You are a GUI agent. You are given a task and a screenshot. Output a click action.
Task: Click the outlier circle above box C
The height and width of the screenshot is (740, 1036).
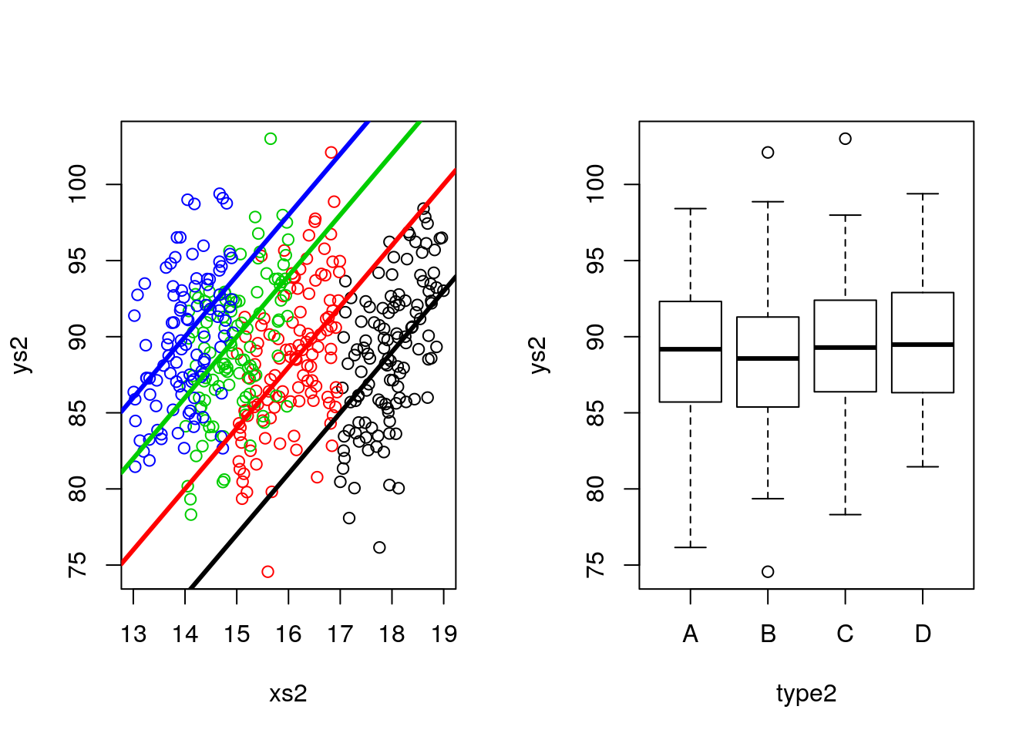pos(846,139)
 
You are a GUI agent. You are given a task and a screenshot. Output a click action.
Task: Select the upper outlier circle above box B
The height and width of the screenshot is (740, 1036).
pos(768,153)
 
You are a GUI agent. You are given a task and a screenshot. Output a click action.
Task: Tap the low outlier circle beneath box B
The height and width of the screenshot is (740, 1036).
pos(768,572)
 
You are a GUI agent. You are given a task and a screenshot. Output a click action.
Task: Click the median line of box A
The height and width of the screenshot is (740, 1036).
pos(691,349)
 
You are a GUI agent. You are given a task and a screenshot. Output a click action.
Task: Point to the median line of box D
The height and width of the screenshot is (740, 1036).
pos(923,345)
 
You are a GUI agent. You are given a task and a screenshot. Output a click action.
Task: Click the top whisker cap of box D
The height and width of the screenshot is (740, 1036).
pos(923,194)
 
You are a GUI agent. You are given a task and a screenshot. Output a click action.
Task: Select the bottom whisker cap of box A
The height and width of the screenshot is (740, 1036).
pos(691,547)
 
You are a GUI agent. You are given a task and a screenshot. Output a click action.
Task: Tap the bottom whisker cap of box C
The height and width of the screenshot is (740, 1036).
pos(846,514)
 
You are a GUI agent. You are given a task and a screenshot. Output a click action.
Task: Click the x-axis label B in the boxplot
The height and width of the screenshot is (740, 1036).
pos(768,634)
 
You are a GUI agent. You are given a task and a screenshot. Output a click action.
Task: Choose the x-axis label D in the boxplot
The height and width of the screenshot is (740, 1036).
pos(923,634)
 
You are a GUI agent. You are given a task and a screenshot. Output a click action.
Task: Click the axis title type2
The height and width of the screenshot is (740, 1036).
pos(806,694)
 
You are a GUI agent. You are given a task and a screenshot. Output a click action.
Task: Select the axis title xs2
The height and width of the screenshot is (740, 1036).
pos(288,694)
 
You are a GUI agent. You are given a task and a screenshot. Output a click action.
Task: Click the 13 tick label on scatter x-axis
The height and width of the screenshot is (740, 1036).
pos(133,634)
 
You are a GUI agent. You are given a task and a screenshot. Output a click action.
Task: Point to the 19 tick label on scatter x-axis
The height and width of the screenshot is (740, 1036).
pos(443,634)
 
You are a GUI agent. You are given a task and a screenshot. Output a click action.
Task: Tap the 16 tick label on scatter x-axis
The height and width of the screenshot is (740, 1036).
pos(288,634)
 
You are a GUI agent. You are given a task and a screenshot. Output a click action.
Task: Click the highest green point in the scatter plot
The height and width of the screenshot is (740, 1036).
pos(271,139)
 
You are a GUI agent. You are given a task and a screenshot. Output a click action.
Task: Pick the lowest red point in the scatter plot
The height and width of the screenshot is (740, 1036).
pos(267,572)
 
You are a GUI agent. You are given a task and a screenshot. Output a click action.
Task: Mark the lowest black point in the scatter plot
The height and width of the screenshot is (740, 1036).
pos(379,547)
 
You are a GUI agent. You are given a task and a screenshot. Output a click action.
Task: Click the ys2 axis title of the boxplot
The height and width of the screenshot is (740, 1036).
pos(539,355)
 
